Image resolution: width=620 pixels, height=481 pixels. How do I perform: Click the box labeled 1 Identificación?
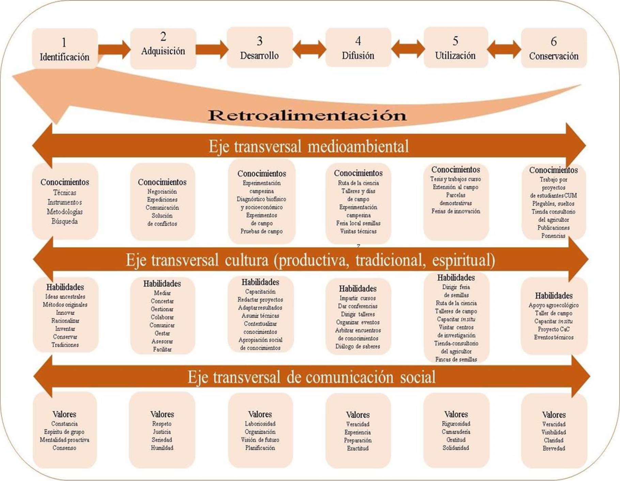65,49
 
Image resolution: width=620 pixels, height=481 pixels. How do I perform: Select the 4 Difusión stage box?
358,48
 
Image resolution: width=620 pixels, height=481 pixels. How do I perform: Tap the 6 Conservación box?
554,48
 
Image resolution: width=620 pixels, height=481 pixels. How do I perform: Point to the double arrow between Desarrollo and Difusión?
309,49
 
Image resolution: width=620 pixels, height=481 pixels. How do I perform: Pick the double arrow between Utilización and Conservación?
504,49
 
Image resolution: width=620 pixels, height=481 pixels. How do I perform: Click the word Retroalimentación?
307,115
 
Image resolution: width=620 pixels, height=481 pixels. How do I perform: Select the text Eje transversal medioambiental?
309,146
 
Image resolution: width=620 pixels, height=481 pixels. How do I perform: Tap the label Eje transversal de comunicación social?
311,377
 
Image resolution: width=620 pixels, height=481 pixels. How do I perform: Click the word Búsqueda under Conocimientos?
65,221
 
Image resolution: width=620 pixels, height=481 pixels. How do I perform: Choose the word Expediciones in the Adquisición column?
162,200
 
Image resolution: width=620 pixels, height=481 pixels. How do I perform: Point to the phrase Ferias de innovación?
456,211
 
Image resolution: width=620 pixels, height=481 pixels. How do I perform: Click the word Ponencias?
553,236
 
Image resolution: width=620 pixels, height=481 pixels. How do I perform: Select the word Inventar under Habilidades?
65,329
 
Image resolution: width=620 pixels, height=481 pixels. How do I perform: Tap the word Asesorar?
162,341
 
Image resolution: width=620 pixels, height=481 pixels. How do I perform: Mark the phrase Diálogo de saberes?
358,346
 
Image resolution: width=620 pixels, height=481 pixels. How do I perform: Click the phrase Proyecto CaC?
554,329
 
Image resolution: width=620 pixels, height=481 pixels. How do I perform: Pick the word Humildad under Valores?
162,448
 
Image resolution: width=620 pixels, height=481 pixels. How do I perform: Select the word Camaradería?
456,432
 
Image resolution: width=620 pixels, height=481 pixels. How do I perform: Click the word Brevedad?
554,448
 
